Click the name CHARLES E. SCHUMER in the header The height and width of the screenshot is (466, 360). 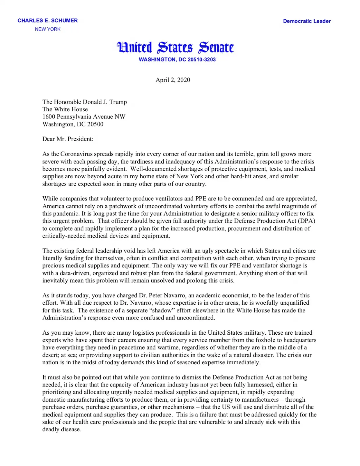click(x=47, y=21)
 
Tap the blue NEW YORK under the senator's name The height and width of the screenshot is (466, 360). click(x=47, y=29)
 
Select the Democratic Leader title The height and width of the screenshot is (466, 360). click(x=307, y=21)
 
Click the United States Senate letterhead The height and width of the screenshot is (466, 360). click(x=175, y=47)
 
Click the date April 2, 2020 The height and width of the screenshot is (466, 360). click(x=173, y=80)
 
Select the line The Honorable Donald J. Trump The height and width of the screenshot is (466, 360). click(x=84, y=102)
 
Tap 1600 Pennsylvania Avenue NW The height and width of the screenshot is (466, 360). click(x=84, y=117)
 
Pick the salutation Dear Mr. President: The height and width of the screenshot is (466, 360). click(x=68, y=139)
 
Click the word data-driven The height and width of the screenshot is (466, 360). click(x=75, y=273)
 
